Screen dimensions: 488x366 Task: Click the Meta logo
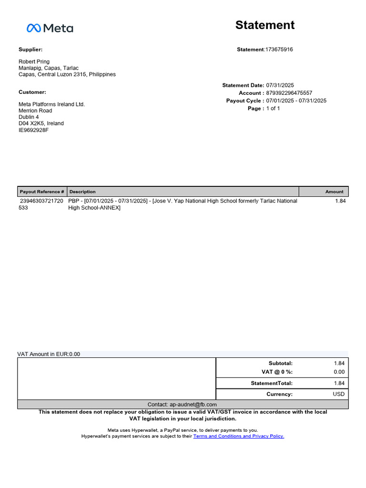coord(50,28)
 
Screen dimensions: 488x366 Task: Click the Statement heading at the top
coord(264,25)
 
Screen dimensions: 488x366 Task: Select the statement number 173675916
coord(279,50)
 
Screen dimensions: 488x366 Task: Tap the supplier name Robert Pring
coord(34,61)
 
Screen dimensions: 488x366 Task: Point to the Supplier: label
coord(30,50)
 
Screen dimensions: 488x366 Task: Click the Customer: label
coord(32,92)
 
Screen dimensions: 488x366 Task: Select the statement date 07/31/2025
coord(280,85)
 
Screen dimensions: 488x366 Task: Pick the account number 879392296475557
coord(289,93)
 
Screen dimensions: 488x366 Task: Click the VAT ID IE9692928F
coord(33,130)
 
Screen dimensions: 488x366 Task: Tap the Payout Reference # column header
coord(42,192)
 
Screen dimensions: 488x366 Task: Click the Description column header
coord(82,192)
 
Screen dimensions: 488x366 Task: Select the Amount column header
coord(334,192)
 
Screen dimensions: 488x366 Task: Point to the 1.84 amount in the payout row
coord(340,201)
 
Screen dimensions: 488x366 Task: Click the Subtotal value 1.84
coord(339,363)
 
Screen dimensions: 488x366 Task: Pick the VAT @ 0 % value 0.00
coord(339,372)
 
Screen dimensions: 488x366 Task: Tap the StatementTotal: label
coord(272,383)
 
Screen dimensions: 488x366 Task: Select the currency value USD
coord(338,394)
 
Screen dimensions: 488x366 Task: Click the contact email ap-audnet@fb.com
coord(193,404)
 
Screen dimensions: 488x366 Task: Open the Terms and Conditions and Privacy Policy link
coord(238,436)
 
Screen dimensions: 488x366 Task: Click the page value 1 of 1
coord(273,109)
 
